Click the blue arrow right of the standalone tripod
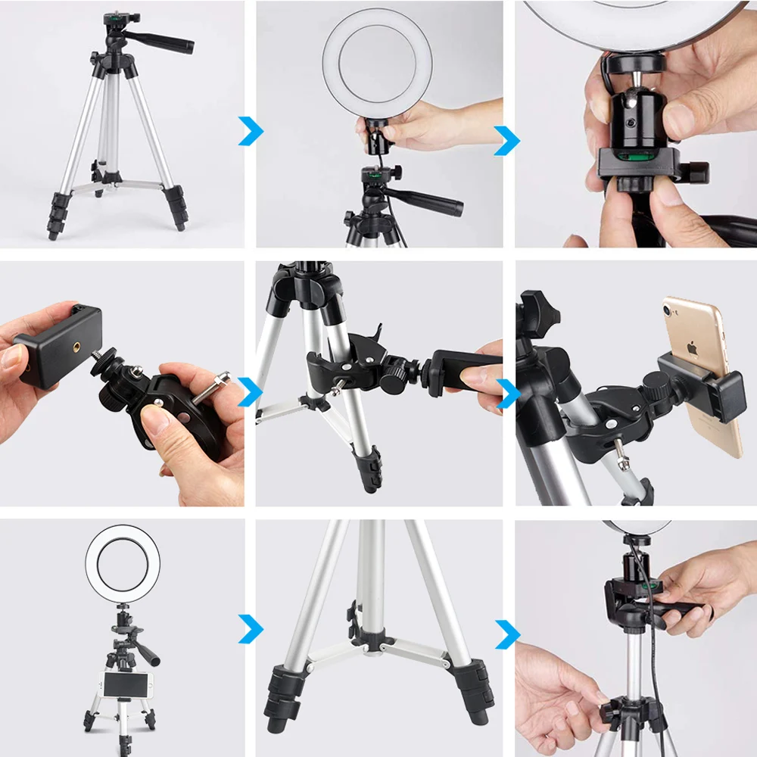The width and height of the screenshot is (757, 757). tap(251, 130)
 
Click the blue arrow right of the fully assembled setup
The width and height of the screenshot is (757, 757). tap(251, 628)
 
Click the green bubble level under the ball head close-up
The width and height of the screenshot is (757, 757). tap(634, 157)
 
